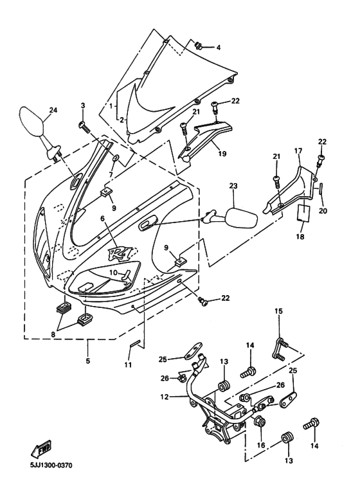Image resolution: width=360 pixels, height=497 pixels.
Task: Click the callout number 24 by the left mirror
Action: (53, 109)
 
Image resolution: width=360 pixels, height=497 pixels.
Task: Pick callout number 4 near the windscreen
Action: (217, 48)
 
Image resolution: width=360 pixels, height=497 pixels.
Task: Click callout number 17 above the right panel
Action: (298, 151)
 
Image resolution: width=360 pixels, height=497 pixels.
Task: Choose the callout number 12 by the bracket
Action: (165, 396)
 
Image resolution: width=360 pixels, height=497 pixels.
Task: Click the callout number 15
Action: (279, 311)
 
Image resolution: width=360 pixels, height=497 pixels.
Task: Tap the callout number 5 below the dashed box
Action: (87, 361)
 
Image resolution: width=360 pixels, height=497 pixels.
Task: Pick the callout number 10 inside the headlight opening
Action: (113, 273)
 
